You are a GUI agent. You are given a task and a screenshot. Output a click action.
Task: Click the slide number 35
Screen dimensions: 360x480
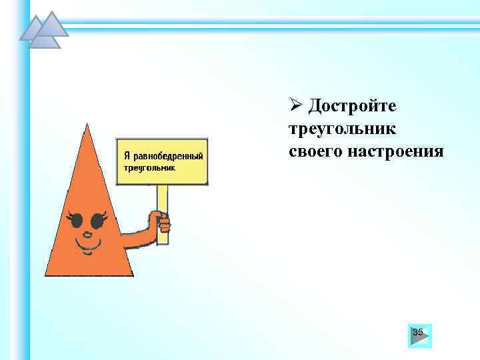[x=418, y=332]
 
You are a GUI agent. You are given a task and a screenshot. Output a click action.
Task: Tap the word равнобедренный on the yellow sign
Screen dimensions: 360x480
[x=169, y=155]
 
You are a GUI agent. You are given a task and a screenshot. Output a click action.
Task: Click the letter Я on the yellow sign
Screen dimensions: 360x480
[x=126, y=155]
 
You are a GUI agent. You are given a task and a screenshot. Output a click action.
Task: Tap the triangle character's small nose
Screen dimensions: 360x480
[x=85, y=233]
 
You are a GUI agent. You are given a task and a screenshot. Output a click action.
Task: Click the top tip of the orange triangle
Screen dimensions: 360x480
[x=87, y=124]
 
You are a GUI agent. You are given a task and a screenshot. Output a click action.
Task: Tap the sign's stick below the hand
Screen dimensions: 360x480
[x=162, y=237]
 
